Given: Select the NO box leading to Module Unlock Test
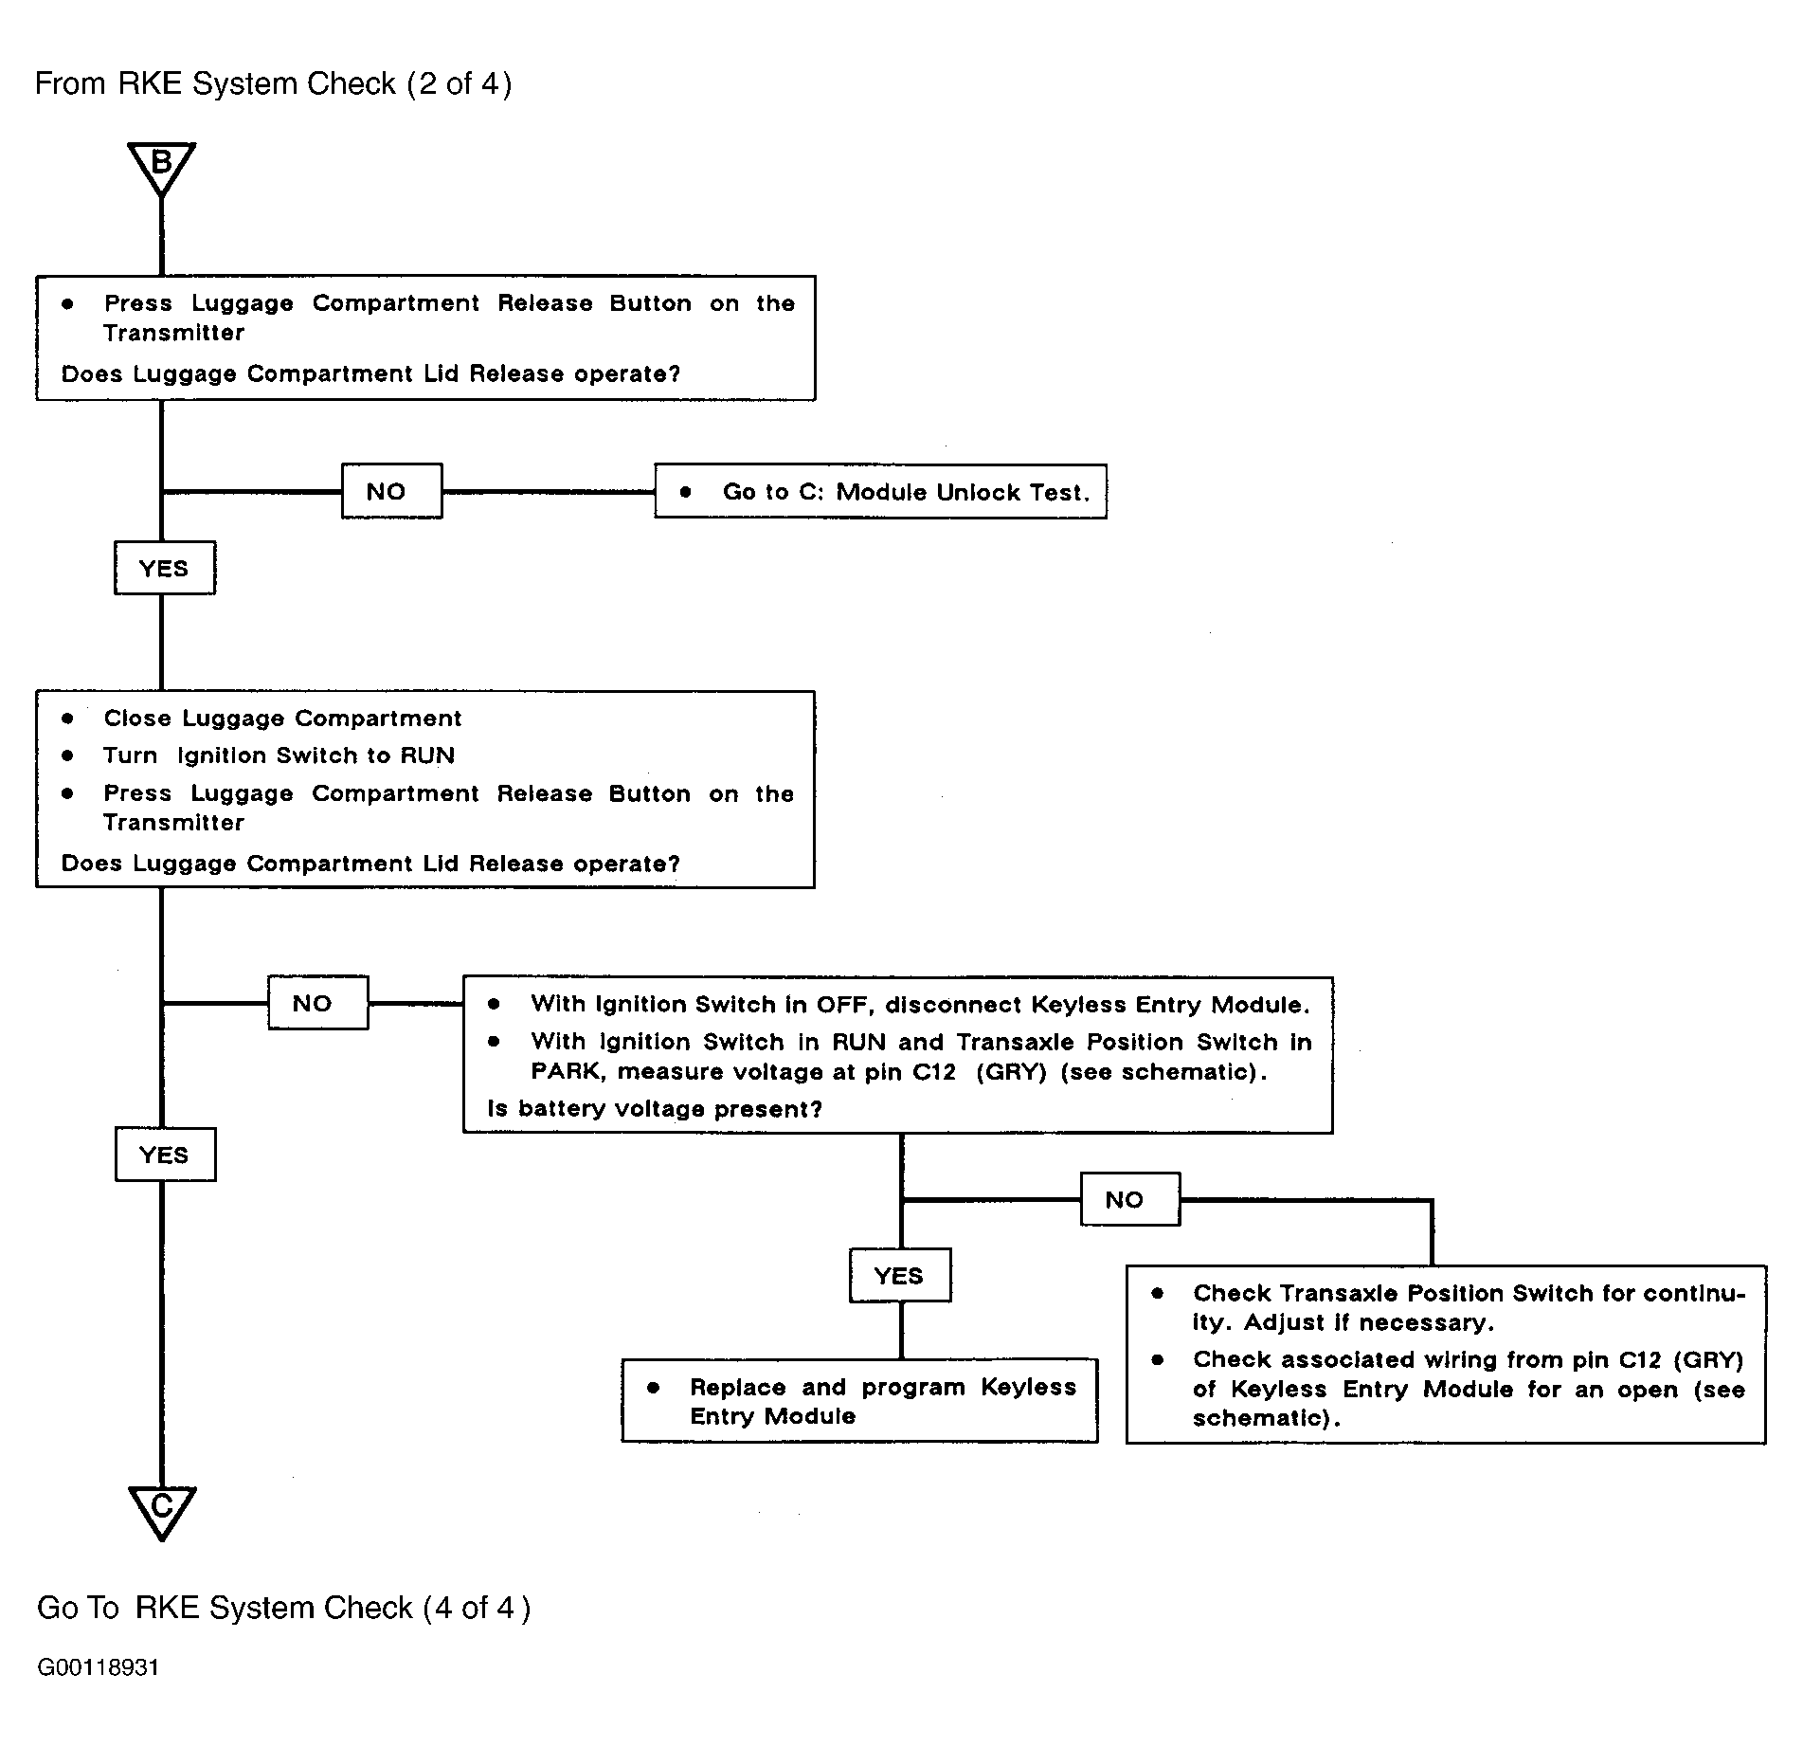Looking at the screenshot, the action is point(391,491).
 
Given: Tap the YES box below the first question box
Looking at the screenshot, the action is point(165,568).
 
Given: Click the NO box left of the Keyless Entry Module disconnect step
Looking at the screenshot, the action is point(317,1003).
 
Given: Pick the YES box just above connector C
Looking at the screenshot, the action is point(166,1155).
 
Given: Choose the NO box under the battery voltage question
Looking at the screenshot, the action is point(1130,1199).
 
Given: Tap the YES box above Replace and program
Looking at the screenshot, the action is point(900,1276).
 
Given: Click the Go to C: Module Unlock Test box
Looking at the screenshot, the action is point(880,491).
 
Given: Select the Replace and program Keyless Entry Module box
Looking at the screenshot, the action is point(859,1401).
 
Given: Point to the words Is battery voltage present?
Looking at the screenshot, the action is point(655,1109).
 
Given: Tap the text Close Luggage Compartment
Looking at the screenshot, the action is point(282,719).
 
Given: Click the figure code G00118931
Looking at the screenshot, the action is point(99,1667).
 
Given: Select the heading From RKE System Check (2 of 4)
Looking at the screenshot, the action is point(273,84).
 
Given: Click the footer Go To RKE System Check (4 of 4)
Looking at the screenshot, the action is point(283,1608).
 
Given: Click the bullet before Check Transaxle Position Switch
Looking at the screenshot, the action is point(1157,1293).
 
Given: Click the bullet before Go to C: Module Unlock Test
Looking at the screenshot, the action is point(686,492).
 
